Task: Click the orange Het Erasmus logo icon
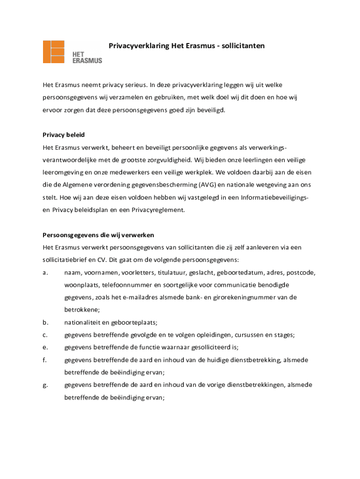(x=53, y=51)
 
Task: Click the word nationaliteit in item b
(x=81, y=322)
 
